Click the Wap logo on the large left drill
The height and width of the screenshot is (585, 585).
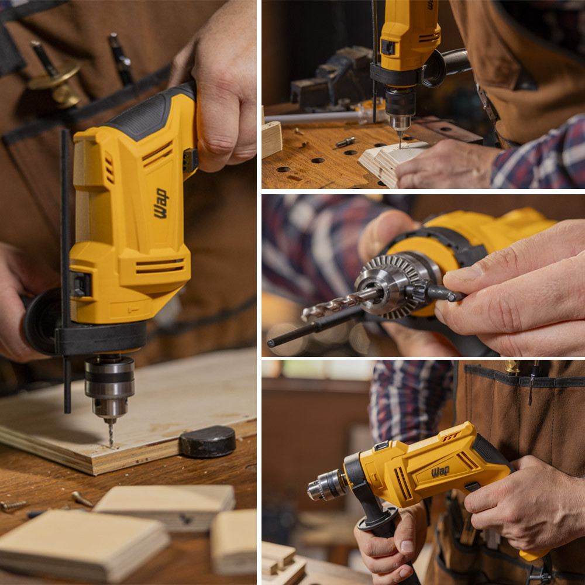point(161,204)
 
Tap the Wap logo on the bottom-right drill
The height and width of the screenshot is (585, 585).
point(441,472)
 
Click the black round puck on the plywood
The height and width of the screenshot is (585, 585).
point(208,441)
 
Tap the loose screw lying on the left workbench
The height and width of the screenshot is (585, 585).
point(82,498)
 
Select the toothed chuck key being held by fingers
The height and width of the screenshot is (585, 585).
point(429,291)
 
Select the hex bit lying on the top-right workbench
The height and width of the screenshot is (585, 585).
point(346,142)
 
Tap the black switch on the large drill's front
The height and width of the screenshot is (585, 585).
point(81,284)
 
